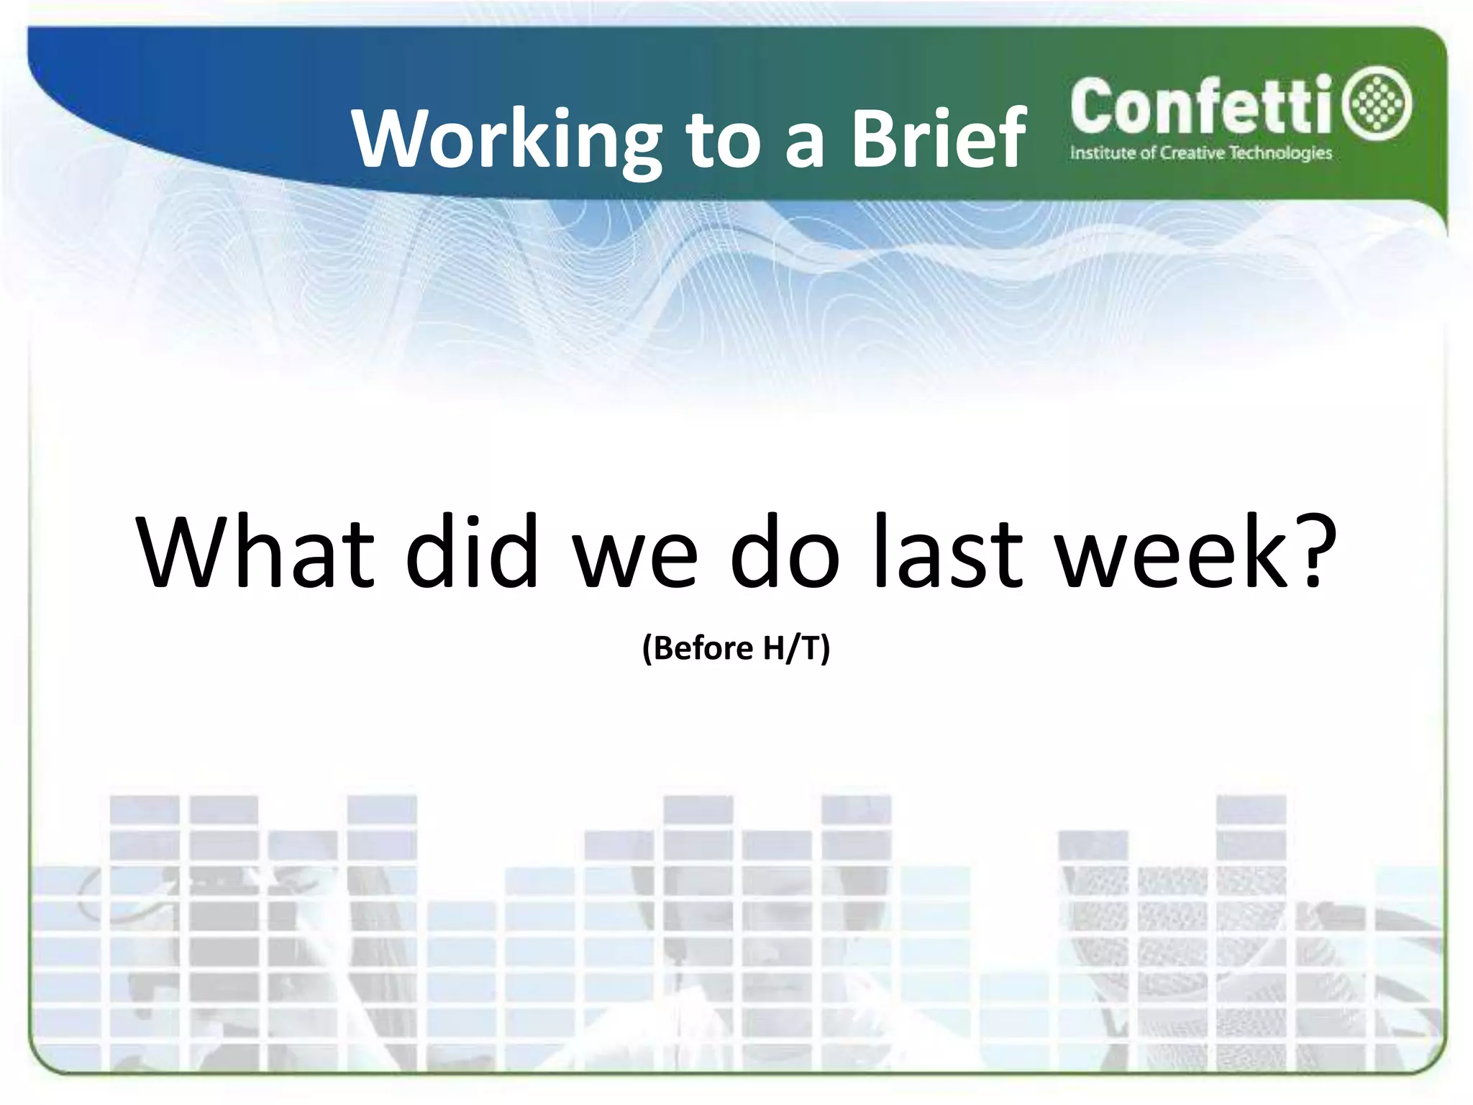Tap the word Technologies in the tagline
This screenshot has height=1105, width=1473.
(x=1280, y=153)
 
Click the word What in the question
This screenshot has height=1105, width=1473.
(x=256, y=552)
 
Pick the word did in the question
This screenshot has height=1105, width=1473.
(x=472, y=552)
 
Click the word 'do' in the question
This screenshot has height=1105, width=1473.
(x=784, y=552)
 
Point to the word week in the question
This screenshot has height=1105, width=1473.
(x=1173, y=552)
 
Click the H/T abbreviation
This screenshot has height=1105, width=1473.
(x=791, y=648)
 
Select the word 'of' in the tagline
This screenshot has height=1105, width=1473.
(x=1149, y=153)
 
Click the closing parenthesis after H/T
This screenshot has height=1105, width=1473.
(x=826, y=648)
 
